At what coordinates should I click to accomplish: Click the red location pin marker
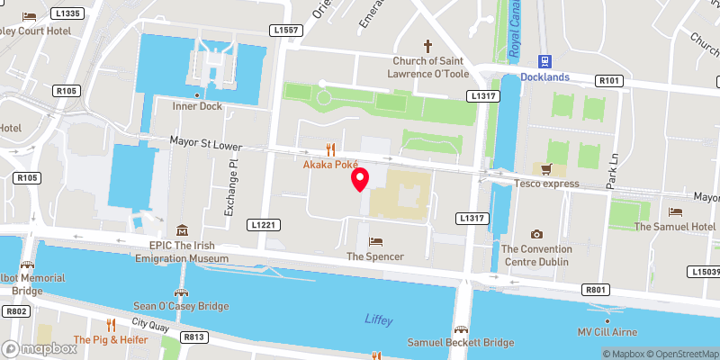click(x=360, y=179)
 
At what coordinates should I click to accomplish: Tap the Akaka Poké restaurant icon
click(x=330, y=149)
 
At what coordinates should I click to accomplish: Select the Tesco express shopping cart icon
click(x=544, y=168)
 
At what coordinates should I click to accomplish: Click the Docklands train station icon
click(x=544, y=61)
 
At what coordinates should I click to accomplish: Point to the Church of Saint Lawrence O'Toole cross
click(x=428, y=46)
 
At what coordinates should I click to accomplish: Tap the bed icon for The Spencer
click(x=375, y=241)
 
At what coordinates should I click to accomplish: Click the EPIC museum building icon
click(x=182, y=230)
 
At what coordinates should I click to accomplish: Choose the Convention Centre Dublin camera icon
click(x=537, y=234)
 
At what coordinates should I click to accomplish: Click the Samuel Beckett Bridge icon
click(x=461, y=328)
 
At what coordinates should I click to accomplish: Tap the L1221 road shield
click(x=263, y=223)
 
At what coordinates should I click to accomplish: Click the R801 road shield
click(x=595, y=290)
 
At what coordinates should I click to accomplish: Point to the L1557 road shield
click(x=289, y=31)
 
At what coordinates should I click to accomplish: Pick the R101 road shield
click(x=609, y=81)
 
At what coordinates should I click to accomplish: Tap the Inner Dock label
click(x=197, y=106)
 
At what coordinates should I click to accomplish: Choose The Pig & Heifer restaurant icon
click(x=112, y=325)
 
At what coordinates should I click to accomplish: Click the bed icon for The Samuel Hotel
click(x=676, y=211)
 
